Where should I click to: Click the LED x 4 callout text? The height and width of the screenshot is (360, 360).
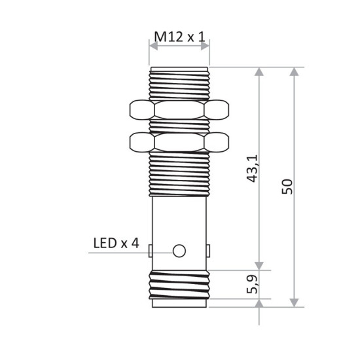(115, 243)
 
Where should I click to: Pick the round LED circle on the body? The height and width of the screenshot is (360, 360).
(179, 251)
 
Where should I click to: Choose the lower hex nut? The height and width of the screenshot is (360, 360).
(179, 141)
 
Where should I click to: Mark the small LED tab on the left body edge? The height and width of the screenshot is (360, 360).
(151, 251)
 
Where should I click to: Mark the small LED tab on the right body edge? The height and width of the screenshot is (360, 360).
(208, 251)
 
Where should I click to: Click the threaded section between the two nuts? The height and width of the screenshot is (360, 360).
(179, 125)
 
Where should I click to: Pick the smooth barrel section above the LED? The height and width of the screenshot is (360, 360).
(179, 216)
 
